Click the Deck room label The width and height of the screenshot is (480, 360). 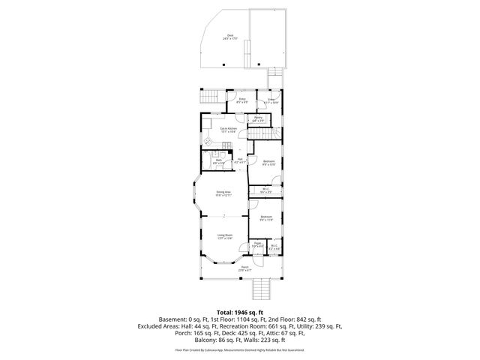pyautogui.click(x=230, y=36)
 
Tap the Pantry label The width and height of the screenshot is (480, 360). pyautogui.click(x=257, y=118)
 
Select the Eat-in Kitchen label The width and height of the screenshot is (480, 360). pyautogui.click(x=228, y=130)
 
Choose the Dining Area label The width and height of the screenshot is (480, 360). pyautogui.click(x=223, y=193)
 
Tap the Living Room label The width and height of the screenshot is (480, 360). pyautogui.click(x=223, y=236)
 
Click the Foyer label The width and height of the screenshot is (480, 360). pyautogui.click(x=256, y=244)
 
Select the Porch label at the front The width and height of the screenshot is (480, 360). pyautogui.click(x=244, y=268)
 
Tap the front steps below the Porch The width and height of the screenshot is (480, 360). pyautogui.click(x=262, y=288)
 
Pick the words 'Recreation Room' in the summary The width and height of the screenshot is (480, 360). pyautogui.click(x=248, y=326)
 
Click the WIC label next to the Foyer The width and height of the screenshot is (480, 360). pyautogui.click(x=274, y=245)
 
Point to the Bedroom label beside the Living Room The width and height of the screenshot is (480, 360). pyautogui.click(x=267, y=218)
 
